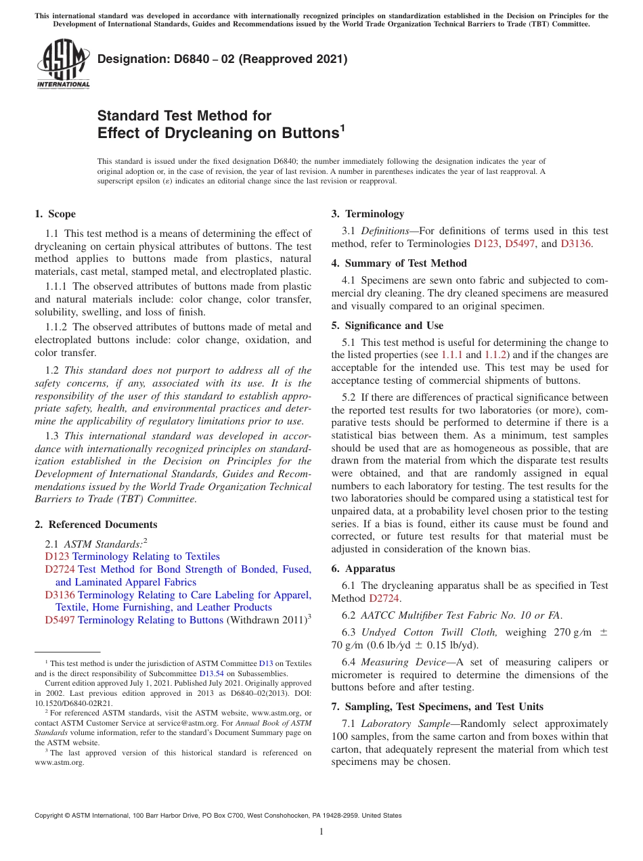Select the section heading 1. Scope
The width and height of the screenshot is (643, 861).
point(55,214)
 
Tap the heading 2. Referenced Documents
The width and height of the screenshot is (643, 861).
point(95,525)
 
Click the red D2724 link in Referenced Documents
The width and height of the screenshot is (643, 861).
point(60,569)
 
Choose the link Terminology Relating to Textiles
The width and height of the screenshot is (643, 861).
point(146,556)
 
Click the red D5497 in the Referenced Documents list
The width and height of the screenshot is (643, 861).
point(60,620)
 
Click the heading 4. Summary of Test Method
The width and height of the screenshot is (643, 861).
point(399,263)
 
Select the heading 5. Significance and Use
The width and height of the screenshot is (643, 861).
point(387,326)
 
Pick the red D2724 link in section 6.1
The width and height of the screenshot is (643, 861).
point(384,598)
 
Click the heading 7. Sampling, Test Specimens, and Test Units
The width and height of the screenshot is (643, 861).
point(437,707)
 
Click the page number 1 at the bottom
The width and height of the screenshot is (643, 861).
point(321,832)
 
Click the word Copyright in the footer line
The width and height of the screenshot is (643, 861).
point(51,816)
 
